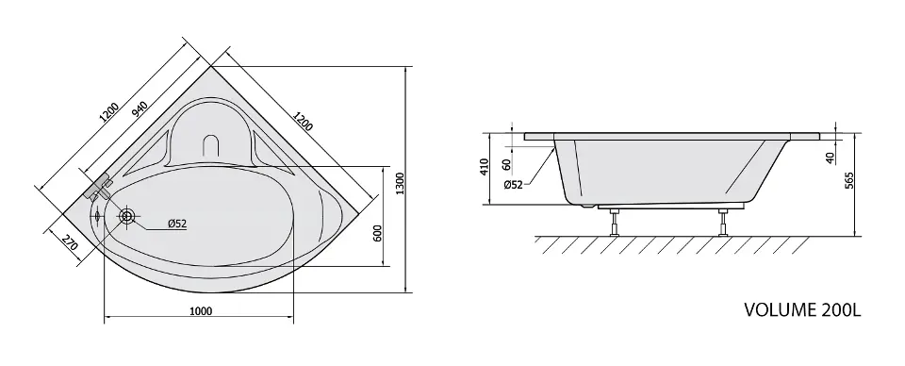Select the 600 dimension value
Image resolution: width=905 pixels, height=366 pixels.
click(378, 234)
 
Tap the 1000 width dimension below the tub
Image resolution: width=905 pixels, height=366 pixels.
click(201, 311)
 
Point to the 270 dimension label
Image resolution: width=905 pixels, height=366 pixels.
click(70, 243)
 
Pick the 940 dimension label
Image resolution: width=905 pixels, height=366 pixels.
click(140, 109)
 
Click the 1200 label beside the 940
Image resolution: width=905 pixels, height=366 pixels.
click(109, 113)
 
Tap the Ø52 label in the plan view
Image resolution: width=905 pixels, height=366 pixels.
click(176, 224)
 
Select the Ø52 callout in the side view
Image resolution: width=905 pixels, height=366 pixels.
click(513, 185)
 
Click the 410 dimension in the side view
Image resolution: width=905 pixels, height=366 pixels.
click(485, 166)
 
